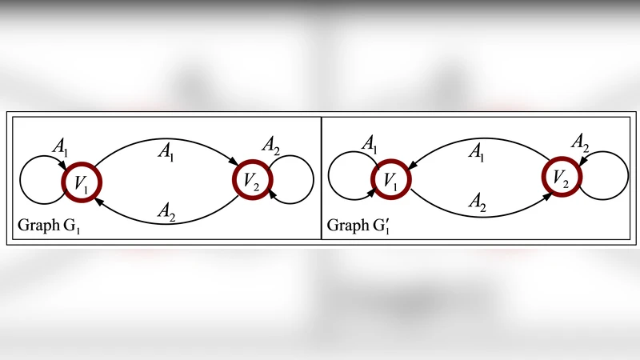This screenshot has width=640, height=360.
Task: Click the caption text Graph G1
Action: point(50,226)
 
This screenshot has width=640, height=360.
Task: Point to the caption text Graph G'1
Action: point(359,226)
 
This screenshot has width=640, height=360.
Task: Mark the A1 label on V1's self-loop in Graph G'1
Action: point(370,143)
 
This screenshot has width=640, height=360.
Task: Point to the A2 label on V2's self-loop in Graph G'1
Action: point(581,142)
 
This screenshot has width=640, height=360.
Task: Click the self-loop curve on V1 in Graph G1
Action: point(30,184)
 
